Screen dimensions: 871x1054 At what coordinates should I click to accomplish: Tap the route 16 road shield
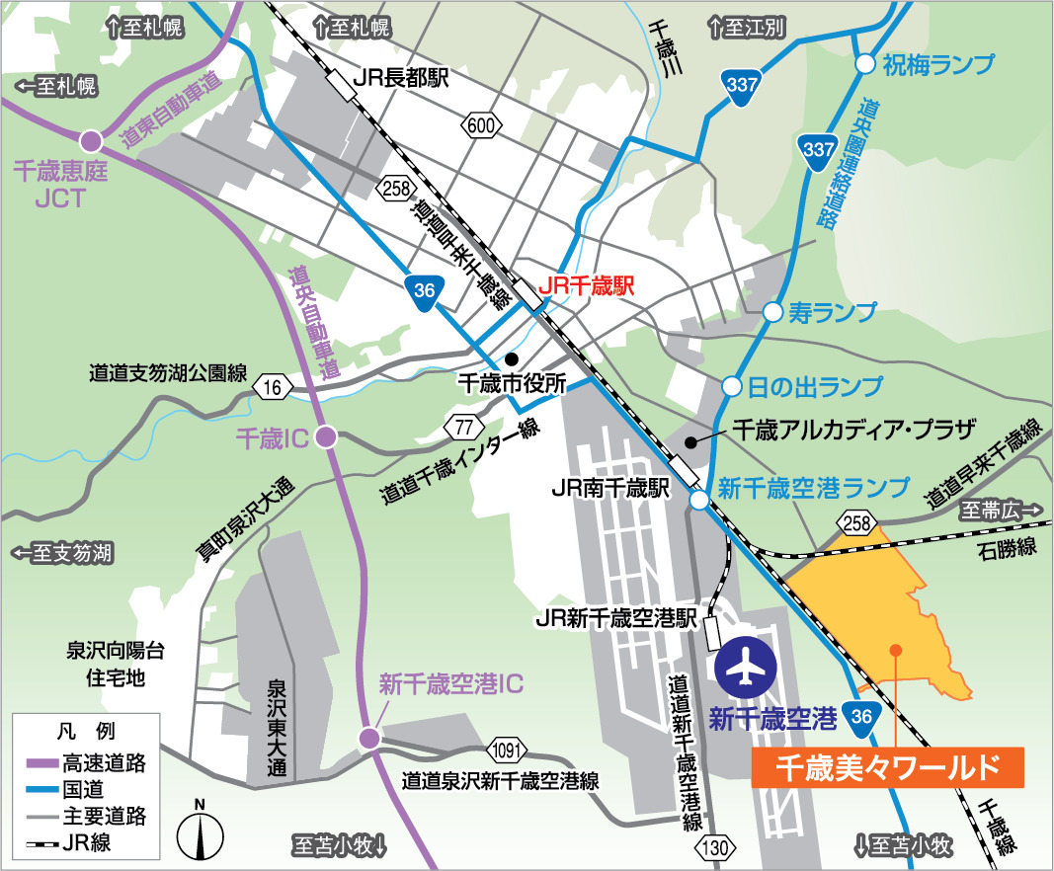(272, 387)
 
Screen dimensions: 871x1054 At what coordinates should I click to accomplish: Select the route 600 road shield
(480, 124)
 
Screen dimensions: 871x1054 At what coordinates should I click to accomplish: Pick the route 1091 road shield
(504, 748)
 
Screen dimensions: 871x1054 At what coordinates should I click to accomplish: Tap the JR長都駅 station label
(402, 78)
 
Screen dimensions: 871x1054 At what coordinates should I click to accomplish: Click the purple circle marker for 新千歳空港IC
(369, 737)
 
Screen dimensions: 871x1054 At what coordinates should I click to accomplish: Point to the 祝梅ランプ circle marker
(864, 64)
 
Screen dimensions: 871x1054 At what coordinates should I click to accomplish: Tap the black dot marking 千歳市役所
(511, 358)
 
